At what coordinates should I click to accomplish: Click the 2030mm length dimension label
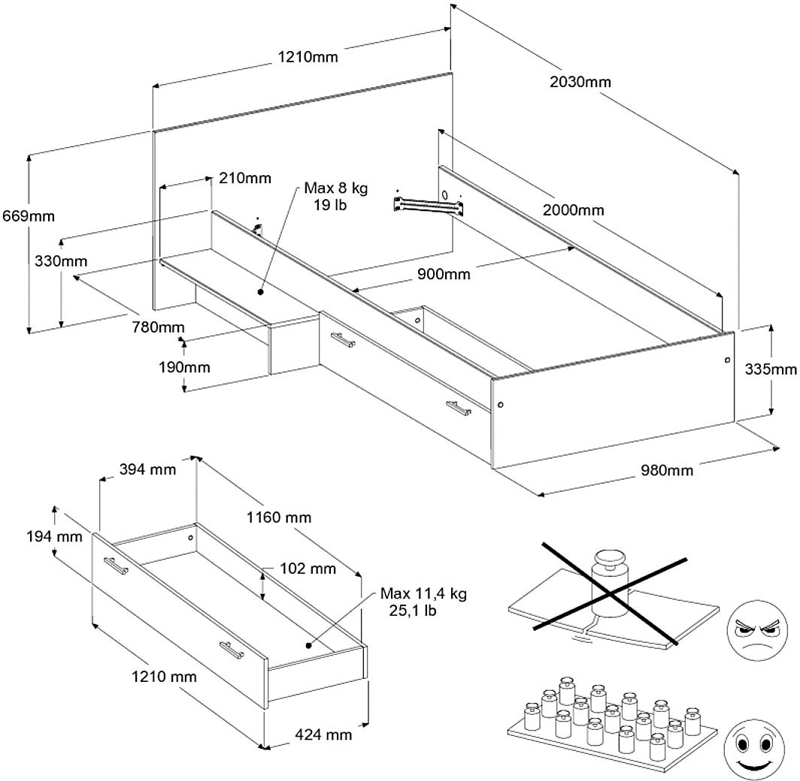pos(580,82)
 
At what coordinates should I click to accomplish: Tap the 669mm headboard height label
pos(27,216)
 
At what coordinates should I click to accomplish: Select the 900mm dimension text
pos(444,274)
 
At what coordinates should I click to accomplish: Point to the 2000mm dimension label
pos(573,210)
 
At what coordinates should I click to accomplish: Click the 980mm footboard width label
pos(667,471)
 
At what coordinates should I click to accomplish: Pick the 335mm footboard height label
pos(771,369)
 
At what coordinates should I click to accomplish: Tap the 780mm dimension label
pos(158,327)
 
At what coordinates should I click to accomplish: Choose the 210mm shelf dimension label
pos(245,178)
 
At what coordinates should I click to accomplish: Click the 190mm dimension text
pos(184,367)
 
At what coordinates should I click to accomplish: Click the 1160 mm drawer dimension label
pos(278,517)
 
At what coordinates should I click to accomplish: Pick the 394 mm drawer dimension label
pos(148,470)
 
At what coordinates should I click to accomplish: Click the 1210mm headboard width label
pos(308,56)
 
